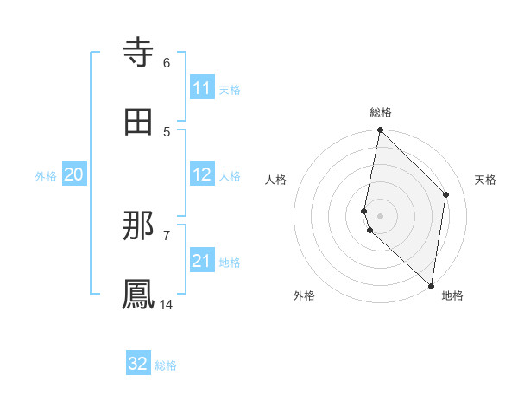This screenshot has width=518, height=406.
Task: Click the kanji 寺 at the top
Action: click(x=140, y=54)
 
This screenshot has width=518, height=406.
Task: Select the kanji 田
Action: click(x=140, y=122)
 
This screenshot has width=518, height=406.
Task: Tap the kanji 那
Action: click(x=140, y=226)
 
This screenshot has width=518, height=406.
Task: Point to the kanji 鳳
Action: click(x=140, y=295)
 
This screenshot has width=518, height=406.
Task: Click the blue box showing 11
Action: click(x=202, y=88)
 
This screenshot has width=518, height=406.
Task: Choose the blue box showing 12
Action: click(x=202, y=175)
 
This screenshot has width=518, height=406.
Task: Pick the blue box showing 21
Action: click(x=202, y=261)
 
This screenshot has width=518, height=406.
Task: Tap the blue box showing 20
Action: click(x=74, y=174)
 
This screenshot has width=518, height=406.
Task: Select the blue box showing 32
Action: click(x=138, y=364)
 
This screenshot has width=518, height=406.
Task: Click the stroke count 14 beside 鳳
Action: click(x=167, y=304)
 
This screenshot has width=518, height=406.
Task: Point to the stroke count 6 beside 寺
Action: click(x=167, y=62)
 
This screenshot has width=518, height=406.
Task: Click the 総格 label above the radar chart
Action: click(x=381, y=112)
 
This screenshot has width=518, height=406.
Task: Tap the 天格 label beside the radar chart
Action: click(x=485, y=180)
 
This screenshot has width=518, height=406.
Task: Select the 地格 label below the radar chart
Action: click(x=452, y=295)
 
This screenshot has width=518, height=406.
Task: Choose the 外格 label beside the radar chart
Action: click(x=304, y=295)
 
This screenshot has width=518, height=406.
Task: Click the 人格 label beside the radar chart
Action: click(x=276, y=180)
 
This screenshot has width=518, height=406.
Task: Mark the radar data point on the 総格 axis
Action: click(x=380, y=130)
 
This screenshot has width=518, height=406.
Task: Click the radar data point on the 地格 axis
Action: click(x=431, y=285)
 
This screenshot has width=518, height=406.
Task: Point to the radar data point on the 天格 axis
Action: click(x=446, y=194)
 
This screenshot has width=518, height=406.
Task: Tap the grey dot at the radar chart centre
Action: click(x=380, y=215)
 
